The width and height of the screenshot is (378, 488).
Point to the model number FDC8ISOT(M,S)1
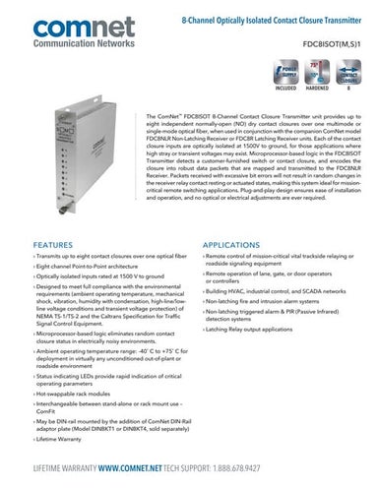(x=328, y=44)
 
